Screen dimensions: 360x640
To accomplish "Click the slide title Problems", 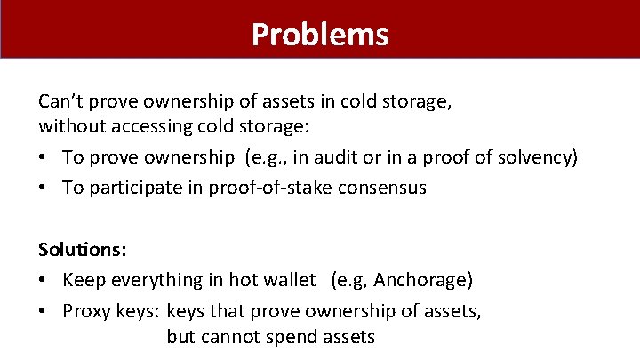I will click(x=320, y=34).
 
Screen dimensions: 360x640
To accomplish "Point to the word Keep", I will click(x=81, y=281).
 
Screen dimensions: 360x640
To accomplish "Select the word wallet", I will click(x=289, y=281).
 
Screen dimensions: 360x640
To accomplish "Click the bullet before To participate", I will click(x=44, y=188).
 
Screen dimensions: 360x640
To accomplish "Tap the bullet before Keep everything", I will click(x=44, y=281).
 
